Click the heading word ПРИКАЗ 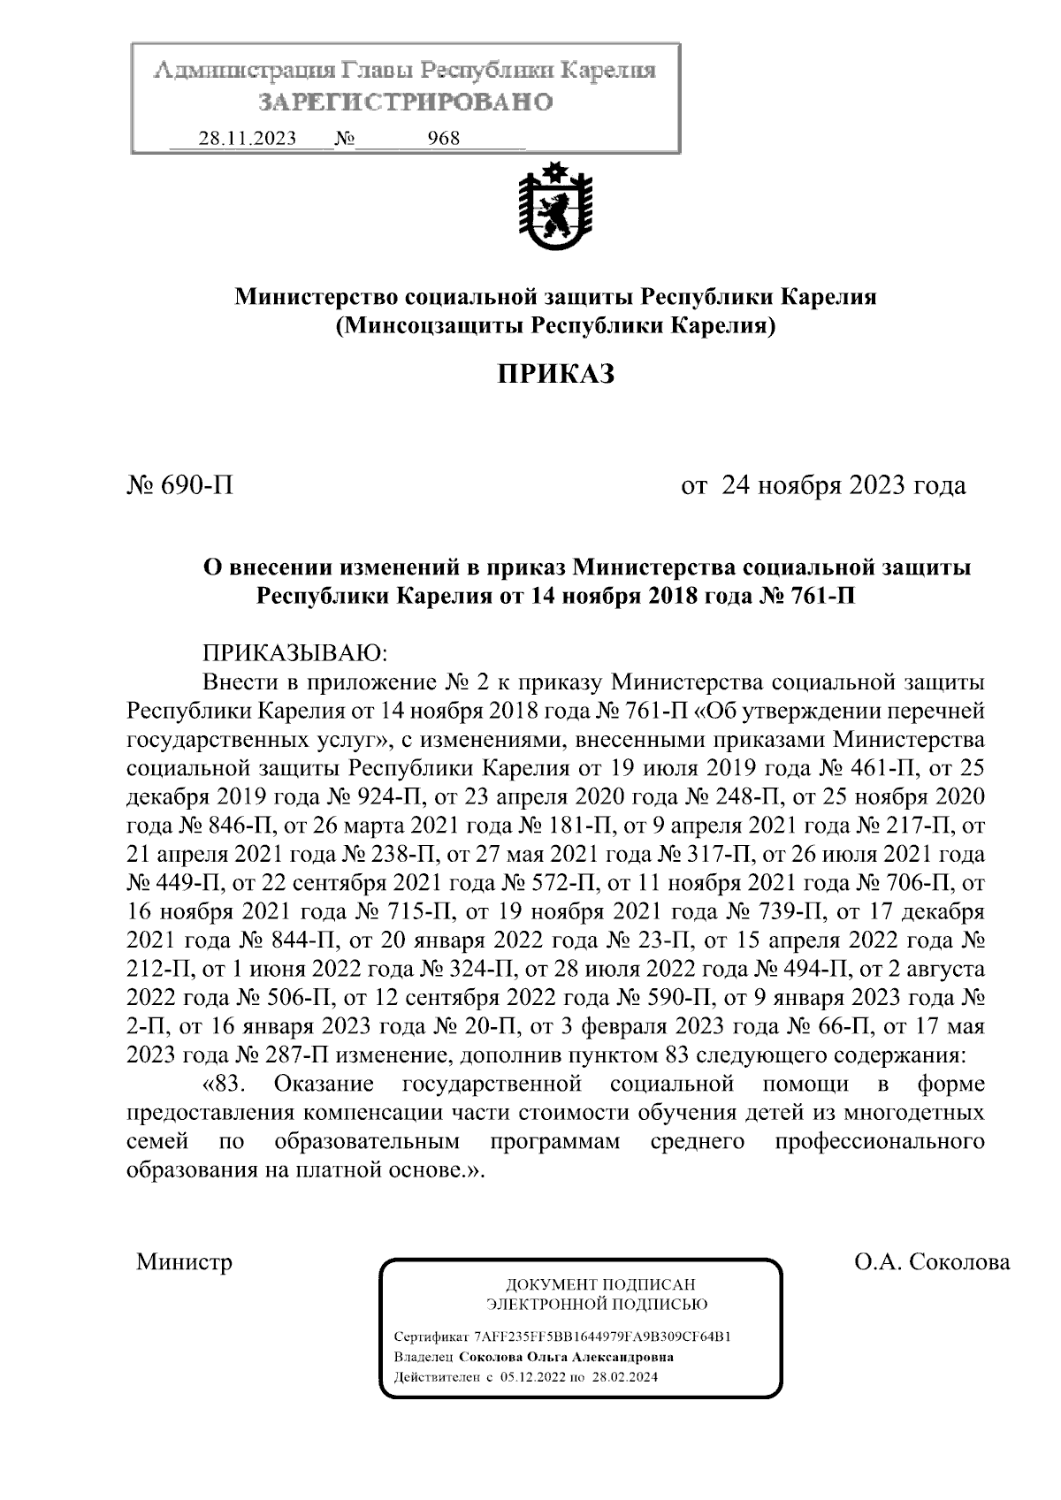tap(554, 375)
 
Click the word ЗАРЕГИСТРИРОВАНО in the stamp tap(406, 103)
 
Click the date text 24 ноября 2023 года tap(843, 485)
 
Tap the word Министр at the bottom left tap(184, 1261)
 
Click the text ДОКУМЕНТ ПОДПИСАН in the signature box tap(599, 1284)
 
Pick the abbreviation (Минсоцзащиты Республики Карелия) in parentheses tap(555, 326)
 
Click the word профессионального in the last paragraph tap(880, 1141)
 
